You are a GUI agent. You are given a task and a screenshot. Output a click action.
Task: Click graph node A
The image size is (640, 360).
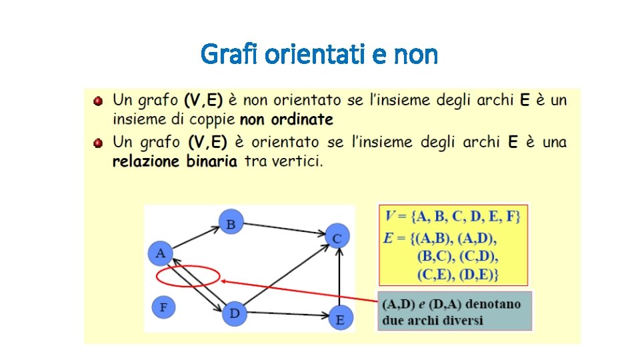[160, 253]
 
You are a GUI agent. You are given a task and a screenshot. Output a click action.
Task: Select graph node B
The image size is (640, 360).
[231, 223]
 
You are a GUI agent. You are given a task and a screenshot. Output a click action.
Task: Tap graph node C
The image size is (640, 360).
[338, 237]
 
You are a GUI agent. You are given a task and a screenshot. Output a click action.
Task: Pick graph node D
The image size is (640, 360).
[234, 313]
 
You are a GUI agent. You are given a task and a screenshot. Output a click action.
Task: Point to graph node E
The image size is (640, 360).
[340, 319]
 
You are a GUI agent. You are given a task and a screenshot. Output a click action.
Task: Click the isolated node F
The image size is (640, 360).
[163, 307]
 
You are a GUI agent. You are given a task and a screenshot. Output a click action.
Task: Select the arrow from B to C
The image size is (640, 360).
[283, 229]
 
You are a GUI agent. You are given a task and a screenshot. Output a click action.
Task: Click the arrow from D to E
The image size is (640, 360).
[287, 315]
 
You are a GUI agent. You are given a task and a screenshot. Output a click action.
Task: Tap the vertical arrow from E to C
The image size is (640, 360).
[340, 280]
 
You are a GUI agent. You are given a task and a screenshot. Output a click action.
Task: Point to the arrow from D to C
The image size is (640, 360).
[287, 275]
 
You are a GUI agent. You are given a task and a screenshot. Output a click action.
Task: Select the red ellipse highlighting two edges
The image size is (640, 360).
[187, 275]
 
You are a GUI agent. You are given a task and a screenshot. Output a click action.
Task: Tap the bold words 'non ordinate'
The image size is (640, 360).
[286, 120]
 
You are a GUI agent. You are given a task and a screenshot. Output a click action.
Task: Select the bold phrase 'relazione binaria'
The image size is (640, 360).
[175, 161]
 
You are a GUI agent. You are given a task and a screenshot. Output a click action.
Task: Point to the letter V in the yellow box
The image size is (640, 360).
[391, 216]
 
